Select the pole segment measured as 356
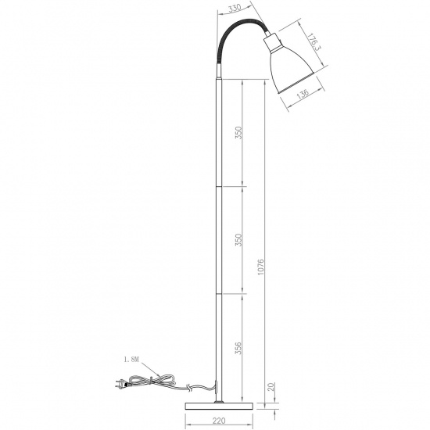(x=217, y=344)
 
